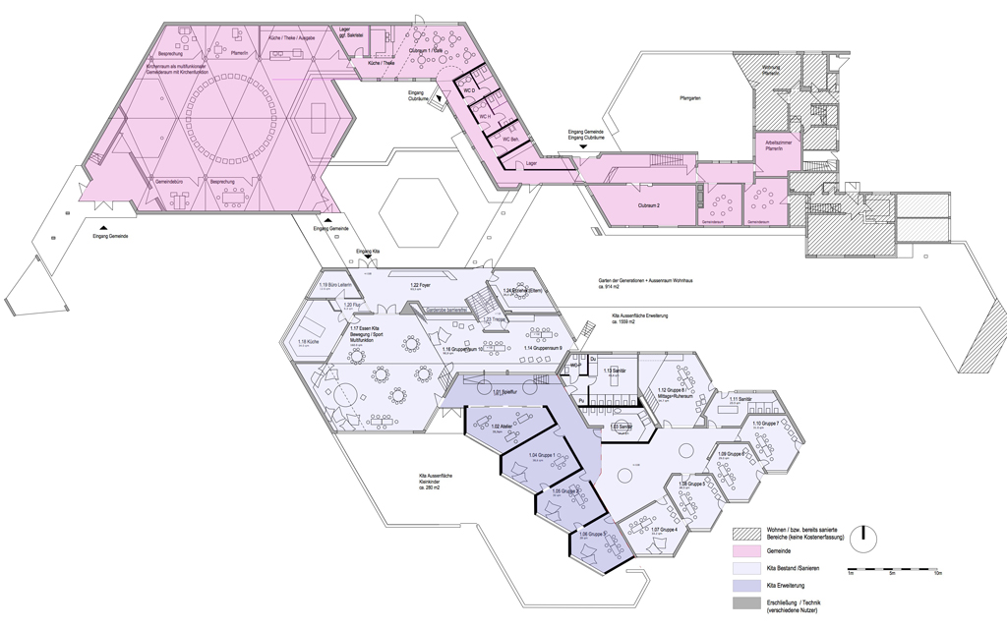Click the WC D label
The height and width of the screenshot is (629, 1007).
[470, 91]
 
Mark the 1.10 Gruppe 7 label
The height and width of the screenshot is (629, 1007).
[765, 423]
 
